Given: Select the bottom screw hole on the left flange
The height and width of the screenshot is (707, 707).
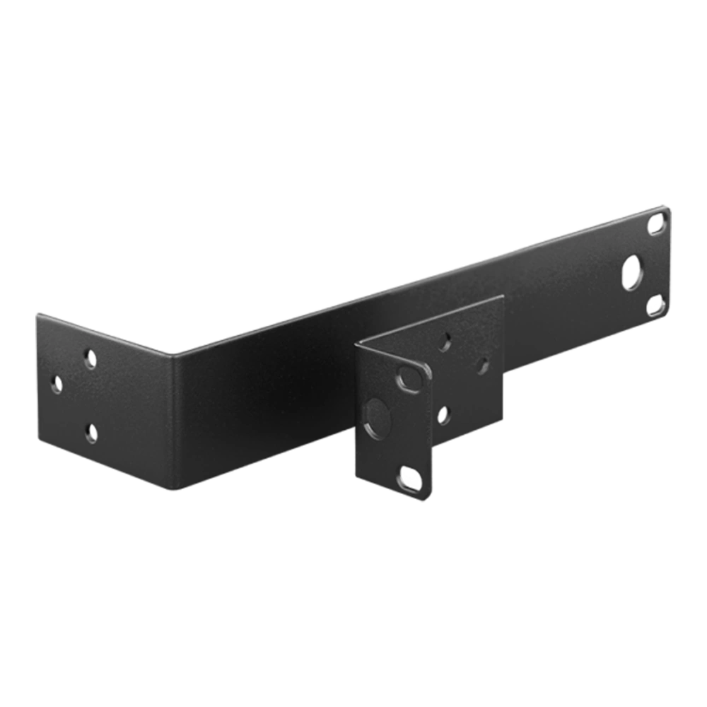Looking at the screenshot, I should [x=90, y=432].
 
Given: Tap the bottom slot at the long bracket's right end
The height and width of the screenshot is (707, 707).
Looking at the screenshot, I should [x=655, y=305].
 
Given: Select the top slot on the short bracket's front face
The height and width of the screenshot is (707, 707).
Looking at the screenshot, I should [x=407, y=378].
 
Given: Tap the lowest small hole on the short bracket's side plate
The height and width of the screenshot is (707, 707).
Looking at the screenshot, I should [x=444, y=415].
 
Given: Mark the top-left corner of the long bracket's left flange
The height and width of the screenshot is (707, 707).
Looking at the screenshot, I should [x=34, y=310].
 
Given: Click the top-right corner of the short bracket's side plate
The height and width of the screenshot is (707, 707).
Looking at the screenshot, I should [x=503, y=295].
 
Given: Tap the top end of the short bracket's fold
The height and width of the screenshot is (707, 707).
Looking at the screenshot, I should [x=356, y=342].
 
